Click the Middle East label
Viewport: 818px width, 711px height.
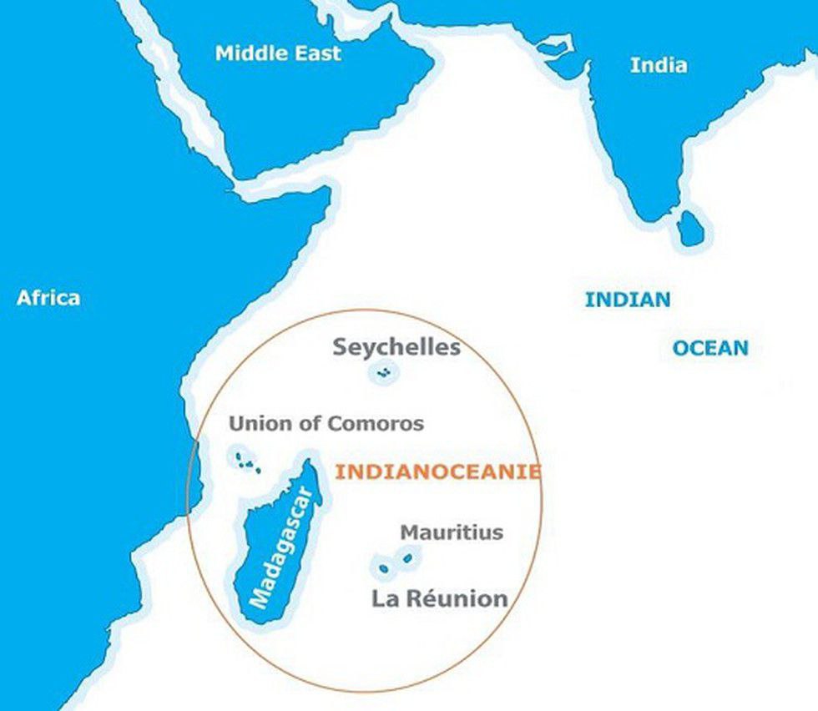[278, 53]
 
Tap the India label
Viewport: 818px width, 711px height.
[659, 65]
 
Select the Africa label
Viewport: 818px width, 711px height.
[48, 298]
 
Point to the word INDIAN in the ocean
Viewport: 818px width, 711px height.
[627, 300]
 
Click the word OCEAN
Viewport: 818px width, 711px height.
[710, 348]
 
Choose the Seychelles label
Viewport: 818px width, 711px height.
[396, 347]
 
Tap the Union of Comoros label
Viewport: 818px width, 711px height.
[326, 424]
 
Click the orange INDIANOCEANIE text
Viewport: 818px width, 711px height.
[437, 472]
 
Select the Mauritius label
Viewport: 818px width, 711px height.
[452, 532]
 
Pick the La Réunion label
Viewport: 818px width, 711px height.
[439, 598]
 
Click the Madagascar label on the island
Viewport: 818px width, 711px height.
[285, 547]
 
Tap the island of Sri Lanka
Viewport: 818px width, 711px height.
[690, 229]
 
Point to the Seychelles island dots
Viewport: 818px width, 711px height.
[384, 373]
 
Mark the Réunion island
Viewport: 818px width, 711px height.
[383, 569]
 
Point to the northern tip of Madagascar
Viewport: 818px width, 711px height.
[311, 461]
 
